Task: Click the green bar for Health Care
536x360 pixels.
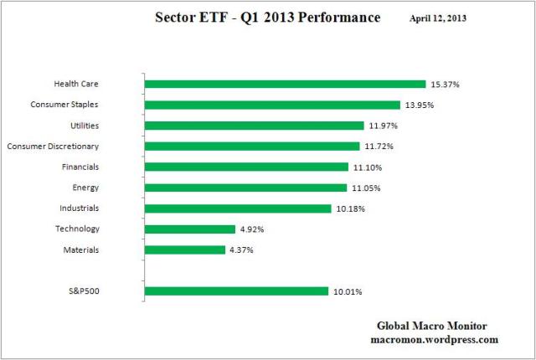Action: pyautogui.click(x=285, y=84)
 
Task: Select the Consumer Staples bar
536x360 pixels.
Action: pyautogui.click(x=272, y=105)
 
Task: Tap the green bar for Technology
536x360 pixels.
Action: pyautogui.click(x=190, y=229)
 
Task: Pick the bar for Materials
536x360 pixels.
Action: pyautogui.click(x=185, y=249)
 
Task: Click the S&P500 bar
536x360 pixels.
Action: pyautogui.click(x=236, y=291)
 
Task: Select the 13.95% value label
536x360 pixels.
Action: pyautogui.click(x=419, y=105)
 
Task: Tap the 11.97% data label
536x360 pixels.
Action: pyautogui.click(x=381, y=126)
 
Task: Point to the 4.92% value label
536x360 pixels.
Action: pyautogui.click(x=253, y=229)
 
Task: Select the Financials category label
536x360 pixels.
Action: pyautogui.click(x=80, y=167)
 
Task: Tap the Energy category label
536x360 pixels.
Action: pyautogui.click(x=86, y=188)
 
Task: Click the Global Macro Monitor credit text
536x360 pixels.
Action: pyautogui.click(x=434, y=326)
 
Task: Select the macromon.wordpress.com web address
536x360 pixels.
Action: pyautogui.click(x=434, y=340)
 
